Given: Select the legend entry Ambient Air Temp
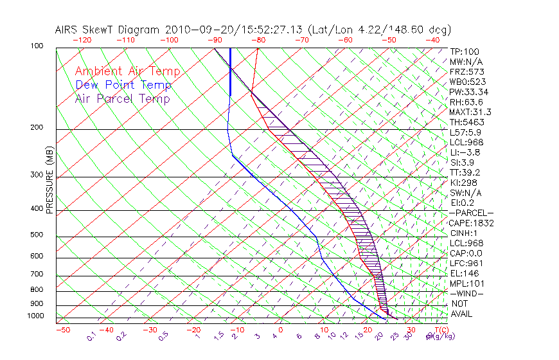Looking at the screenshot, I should point(127,71).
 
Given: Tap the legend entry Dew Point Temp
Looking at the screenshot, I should point(123,85).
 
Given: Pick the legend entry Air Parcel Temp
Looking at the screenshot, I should point(122,98).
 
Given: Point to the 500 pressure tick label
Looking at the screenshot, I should point(37,235).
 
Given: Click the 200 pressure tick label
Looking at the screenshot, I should point(37,128).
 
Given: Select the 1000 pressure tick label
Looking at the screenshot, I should point(35,316).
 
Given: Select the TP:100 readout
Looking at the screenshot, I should point(465,51).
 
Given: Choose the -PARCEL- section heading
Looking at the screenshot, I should point(471,213).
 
